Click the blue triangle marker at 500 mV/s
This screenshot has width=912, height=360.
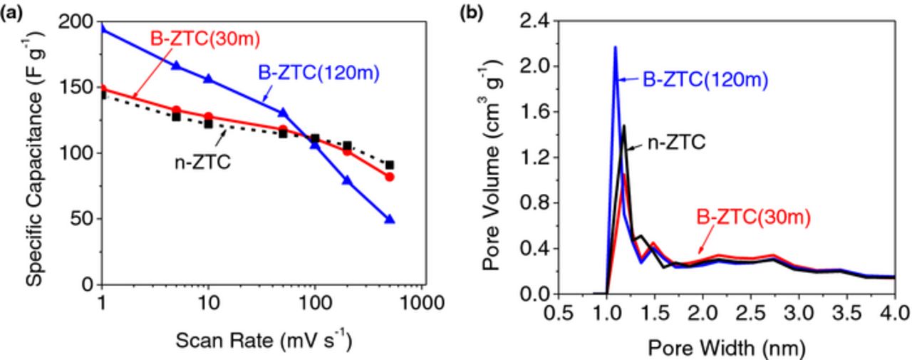point(389,220)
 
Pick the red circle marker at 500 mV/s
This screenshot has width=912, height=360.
point(389,177)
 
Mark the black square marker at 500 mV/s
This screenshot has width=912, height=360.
point(389,165)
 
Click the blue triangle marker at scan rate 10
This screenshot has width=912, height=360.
point(209,78)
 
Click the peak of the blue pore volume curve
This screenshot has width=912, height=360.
point(615,47)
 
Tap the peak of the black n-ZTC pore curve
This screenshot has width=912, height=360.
point(624,126)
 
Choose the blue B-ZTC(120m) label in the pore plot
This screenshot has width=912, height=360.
point(705,81)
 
